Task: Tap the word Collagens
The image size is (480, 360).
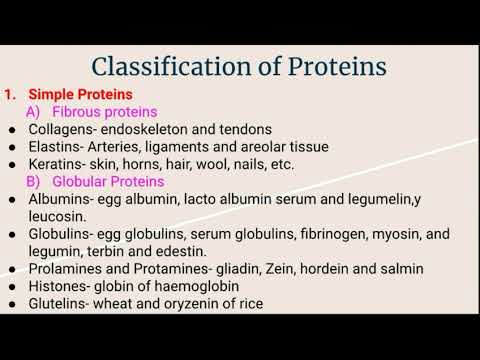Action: click(62, 129)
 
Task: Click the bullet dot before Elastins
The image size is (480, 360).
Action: click(10, 147)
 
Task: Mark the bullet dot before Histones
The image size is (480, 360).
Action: click(10, 286)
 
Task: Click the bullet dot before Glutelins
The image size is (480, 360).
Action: click(10, 303)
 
